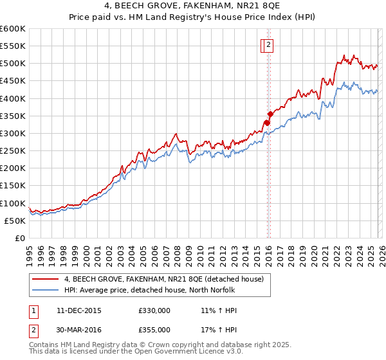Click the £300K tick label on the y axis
[x=13, y=133]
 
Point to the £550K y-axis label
[x=13, y=46]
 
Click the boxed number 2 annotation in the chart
[x=268, y=45]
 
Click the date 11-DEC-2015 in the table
[x=79, y=310]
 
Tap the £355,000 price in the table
[x=154, y=329]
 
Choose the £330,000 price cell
[x=154, y=310]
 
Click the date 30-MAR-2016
[x=79, y=329]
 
